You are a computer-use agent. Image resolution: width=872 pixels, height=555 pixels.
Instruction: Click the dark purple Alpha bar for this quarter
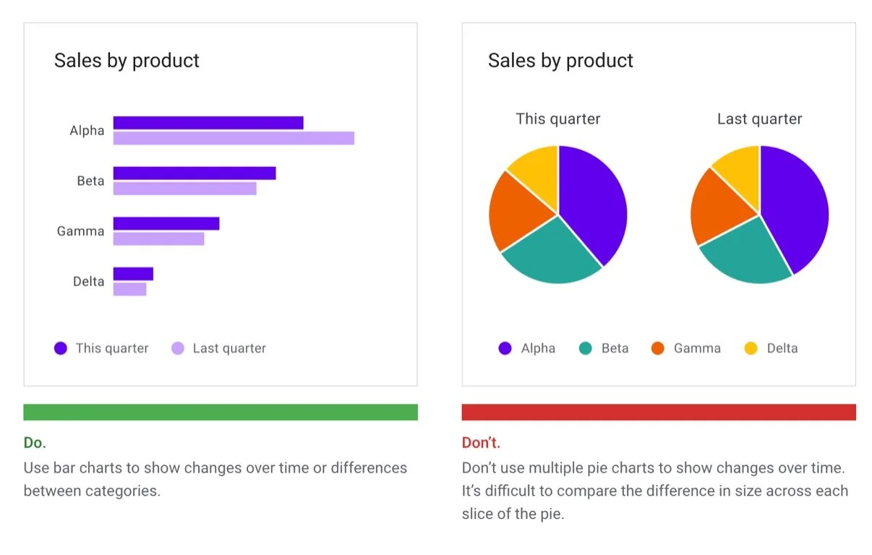pyautogui.click(x=208, y=123)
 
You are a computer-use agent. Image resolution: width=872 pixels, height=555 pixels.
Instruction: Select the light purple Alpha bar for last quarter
pyautogui.click(x=234, y=138)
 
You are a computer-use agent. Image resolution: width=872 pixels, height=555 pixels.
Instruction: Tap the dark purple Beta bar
pyautogui.click(x=195, y=173)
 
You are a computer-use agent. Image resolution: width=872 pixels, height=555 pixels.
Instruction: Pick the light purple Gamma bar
pyautogui.click(x=158, y=238)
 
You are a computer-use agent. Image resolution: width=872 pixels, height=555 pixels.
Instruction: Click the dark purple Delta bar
pyautogui.click(x=133, y=274)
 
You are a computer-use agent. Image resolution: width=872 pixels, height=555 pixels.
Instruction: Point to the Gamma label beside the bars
pyautogui.click(x=80, y=231)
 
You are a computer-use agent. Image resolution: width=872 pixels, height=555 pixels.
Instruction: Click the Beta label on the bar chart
pyautogui.click(x=90, y=181)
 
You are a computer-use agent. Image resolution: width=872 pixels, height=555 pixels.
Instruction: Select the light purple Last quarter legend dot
pyautogui.click(x=178, y=348)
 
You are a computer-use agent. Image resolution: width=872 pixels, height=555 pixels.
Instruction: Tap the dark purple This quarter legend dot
pyautogui.click(x=61, y=348)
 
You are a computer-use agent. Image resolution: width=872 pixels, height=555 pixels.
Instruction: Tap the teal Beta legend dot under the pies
pyautogui.click(x=586, y=348)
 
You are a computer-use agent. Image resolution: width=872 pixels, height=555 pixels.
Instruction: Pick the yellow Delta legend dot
pyautogui.click(x=751, y=348)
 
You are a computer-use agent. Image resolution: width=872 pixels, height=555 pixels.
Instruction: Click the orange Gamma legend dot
pyautogui.click(x=657, y=348)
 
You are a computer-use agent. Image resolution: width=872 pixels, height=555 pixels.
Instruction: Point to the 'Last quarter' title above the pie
pyautogui.click(x=759, y=119)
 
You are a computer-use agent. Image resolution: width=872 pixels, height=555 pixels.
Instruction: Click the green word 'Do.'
pyautogui.click(x=35, y=442)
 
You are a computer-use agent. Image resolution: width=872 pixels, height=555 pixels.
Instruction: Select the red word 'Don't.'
pyautogui.click(x=481, y=442)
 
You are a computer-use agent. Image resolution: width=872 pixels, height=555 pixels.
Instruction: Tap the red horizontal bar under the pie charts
pyautogui.click(x=659, y=412)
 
